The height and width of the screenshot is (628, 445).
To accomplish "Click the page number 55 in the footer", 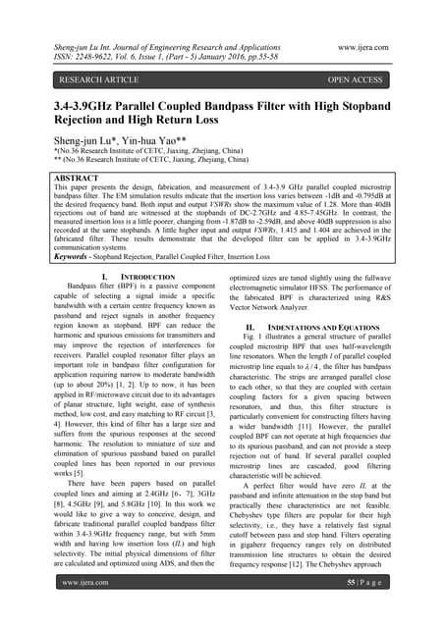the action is pyautogui.click(x=366, y=609).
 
